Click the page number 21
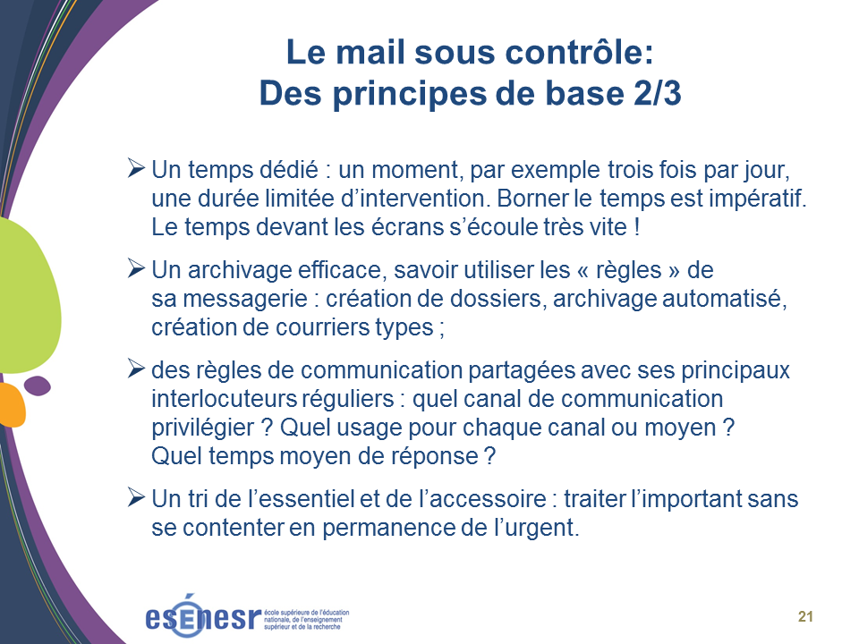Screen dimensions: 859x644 [x=805, y=616]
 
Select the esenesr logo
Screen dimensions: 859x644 [x=247, y=616]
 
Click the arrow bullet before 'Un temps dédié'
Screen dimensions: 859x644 [x=136, y=168]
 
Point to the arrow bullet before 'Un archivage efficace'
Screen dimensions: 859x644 [x=136, y=268]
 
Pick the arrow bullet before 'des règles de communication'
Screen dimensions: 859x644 [x=136, y=369]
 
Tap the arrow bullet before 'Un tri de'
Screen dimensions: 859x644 [x=136, y=497]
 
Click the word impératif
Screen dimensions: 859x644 [x=758, y=199]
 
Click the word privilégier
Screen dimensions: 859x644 [x=203, y=428]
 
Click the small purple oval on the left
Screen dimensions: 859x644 [x=38, y=386]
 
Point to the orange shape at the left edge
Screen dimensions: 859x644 [x=12, y=404]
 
